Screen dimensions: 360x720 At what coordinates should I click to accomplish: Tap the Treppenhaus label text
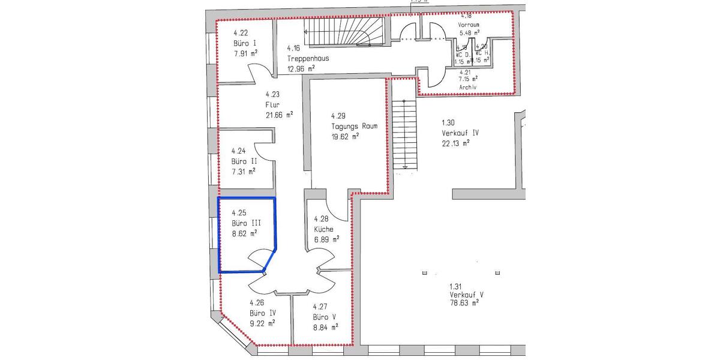[x=308, y=59]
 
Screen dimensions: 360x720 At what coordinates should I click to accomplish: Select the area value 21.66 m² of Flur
[x=279, y=114]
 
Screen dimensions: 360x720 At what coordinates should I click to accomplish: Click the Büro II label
[x=244, y=161]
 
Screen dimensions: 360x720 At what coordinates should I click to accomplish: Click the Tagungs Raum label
[x=354, y=126]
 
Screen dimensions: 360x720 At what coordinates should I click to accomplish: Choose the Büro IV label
[x=263, y=313]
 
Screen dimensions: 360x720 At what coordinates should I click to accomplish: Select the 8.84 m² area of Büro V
[x=325, y=327]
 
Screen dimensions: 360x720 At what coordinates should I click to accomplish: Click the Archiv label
[x=467, y=87]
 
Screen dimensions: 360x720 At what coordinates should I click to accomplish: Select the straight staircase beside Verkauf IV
[x=405, y=134]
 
